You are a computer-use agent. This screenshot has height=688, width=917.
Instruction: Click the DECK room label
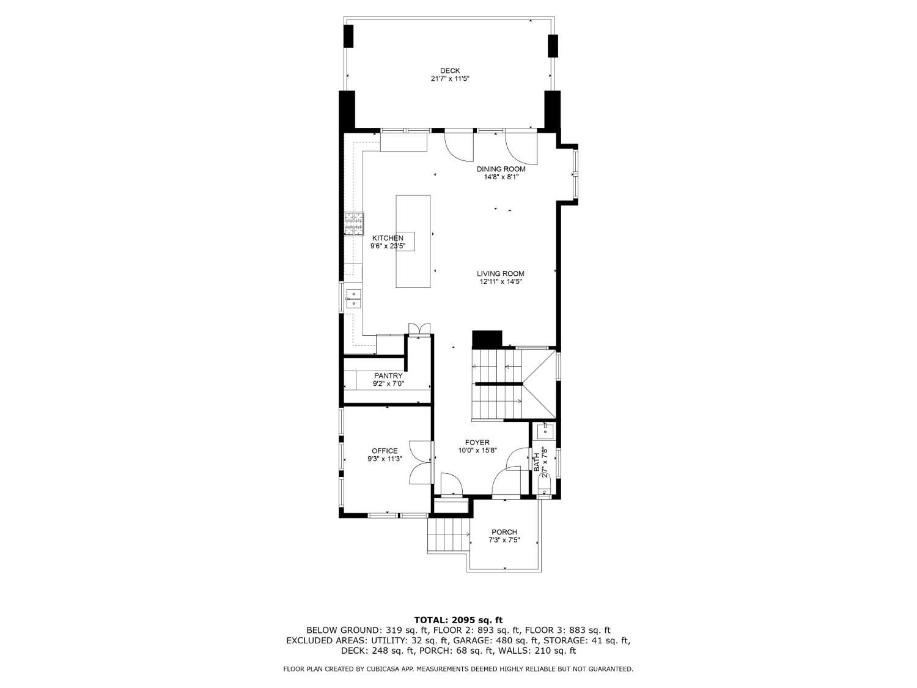coord(450,70)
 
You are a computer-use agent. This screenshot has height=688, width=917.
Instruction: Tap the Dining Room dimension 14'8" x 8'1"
coord(501,177)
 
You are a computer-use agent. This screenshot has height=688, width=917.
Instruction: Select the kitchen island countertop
coord(413,241)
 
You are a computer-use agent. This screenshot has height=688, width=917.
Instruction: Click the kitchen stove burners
coord(354,224)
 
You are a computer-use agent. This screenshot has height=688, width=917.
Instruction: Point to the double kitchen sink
coord(353,298)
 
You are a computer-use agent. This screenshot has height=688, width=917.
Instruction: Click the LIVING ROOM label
coord(501,273)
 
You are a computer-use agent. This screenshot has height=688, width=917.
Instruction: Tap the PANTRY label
coord(388,376)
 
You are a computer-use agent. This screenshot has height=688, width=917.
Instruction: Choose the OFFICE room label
coord(385,451)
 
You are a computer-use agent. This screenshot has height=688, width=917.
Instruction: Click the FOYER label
coord(477,442)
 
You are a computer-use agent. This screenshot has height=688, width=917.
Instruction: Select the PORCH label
coord(504,532)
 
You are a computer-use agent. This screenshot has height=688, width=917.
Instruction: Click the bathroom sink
coord(545,432)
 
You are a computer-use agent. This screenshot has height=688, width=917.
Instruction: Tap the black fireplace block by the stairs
coord(487,339)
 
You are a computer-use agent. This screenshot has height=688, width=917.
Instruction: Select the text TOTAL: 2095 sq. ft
coord(458,620)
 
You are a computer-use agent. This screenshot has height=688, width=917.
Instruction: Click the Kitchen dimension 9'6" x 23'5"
coord(388,246)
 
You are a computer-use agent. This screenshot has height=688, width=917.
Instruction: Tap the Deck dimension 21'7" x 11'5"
coord(451,78)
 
